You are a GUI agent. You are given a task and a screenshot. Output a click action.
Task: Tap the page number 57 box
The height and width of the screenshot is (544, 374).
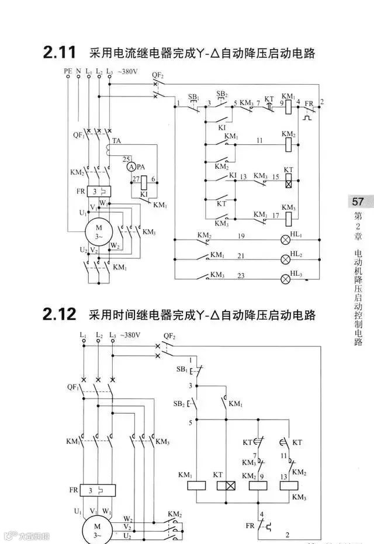pyautogui.click(x=358, y=202)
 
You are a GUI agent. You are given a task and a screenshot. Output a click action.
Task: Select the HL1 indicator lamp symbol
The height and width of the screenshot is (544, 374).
pyautogui.click(x=286, y=240)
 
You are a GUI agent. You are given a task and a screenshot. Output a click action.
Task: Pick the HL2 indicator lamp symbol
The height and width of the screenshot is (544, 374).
pyautogui.click(x=286, y=259)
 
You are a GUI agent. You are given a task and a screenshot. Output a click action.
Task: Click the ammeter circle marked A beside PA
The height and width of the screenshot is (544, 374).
pyautogui.click(x=131, y=167)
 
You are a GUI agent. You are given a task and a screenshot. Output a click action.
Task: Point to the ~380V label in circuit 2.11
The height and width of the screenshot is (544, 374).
pyautogui.click(x=129, y=71)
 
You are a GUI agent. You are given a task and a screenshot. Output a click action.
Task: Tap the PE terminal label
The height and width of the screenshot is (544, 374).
pyautogui.click(x=68, y=71)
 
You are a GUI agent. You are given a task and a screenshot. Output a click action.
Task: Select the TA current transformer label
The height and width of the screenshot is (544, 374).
pyautogui.click(x=117, y=141)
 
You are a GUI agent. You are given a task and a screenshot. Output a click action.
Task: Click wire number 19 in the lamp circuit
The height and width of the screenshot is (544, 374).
pyautogui.click(x=240, y=236)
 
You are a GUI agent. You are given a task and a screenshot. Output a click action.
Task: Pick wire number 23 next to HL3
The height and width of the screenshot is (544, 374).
pyautogui.click(x=240, y=275)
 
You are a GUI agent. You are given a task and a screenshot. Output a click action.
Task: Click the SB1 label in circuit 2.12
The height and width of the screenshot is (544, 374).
pyautogui.click(x=181, y=370)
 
